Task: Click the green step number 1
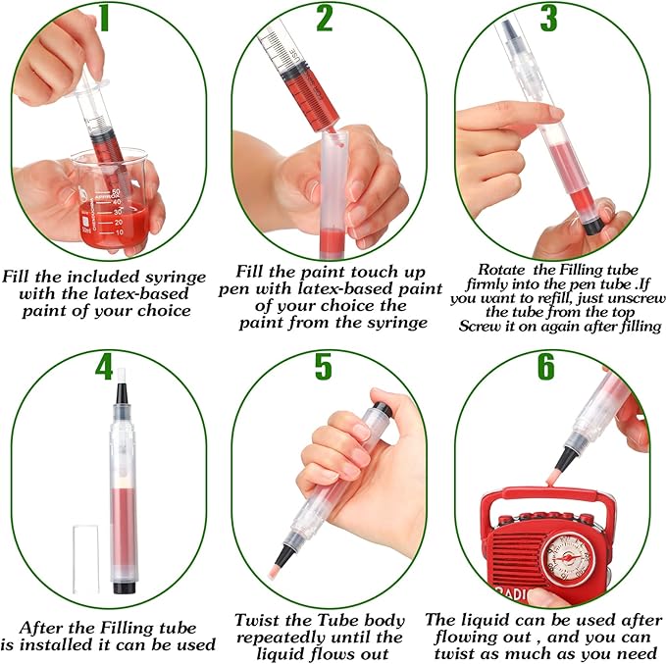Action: click(104, 19)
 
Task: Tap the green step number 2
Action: click(325, 18)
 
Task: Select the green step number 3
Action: click(548, 18)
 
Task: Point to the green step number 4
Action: click(104, 366)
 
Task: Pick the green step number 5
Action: click(324, 366)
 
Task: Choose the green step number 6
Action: click(546, 366)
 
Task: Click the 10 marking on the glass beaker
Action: click(119, 232)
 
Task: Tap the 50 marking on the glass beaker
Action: click(115, 192)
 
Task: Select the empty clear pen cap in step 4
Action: click(85, 559)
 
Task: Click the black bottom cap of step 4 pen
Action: click(124, 587)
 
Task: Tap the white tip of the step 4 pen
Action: click(122, 376)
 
